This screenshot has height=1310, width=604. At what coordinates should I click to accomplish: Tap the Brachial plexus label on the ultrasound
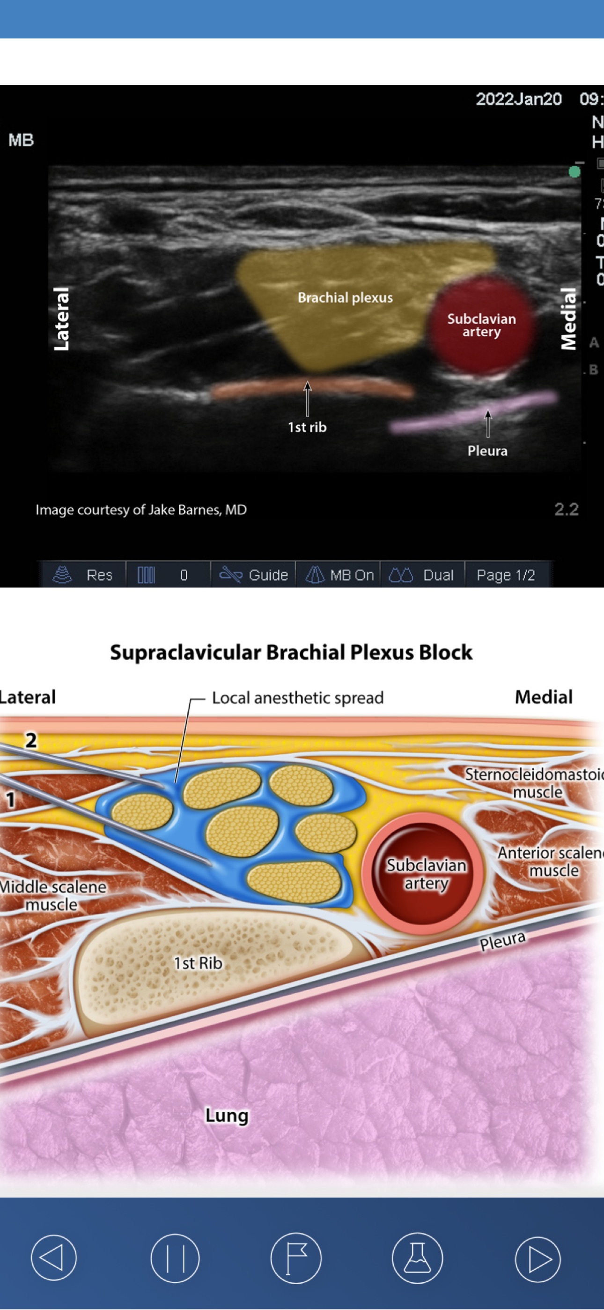pyautogui.click(x=345, y=298)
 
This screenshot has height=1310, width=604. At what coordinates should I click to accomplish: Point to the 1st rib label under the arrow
pyautogui.click(x=307, y=427)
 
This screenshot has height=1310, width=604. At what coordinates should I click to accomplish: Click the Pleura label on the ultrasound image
pyautogui.click(x=487, y=451)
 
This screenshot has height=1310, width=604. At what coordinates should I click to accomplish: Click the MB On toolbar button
pyautogui.click(x=339, y=575)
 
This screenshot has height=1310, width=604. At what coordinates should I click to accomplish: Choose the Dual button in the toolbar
pyautogui.click(x=421, y=575)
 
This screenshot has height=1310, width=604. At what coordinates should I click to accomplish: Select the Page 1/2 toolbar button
pyautogui.click(x=506, y=575)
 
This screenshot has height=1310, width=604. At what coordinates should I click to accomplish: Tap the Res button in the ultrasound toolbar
pyautogui.click(x=83, y=575)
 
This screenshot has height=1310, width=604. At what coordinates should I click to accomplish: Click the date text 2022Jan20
pyautogui.click(x=518, y=99)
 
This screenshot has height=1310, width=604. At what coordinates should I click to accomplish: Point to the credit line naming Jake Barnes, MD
pyautogui.click(x=141, y=510)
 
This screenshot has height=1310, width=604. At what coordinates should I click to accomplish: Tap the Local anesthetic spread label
pyautogui.click(x=297, y=698)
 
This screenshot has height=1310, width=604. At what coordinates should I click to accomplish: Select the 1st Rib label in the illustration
pyautogui.click(x=198, y=963)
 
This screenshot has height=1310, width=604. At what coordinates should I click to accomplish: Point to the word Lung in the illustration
pyautogui.click(x=227, y=1115)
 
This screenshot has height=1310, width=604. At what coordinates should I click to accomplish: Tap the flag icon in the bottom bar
pyautogui.click(x=296, y=1258)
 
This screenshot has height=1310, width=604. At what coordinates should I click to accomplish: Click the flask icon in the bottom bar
pyautogui.click(x=417, y=1258)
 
